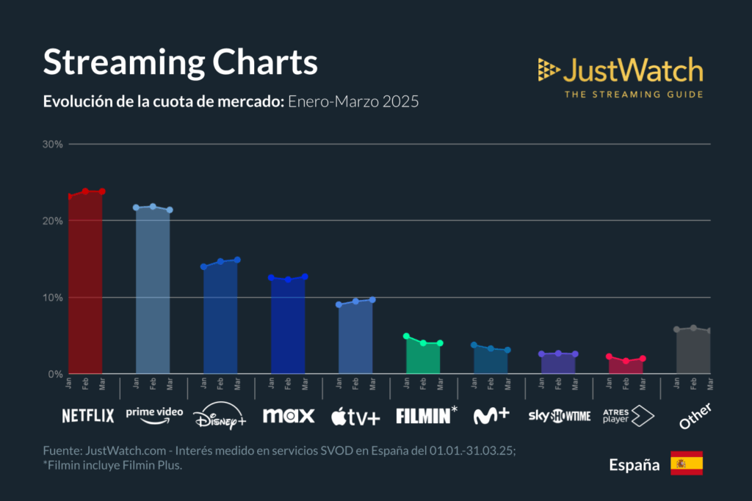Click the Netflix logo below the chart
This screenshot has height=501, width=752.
[88, 416]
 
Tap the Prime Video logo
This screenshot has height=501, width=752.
[154, 414]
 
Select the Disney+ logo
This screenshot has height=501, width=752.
[220, 418]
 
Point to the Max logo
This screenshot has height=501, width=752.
[289, 416]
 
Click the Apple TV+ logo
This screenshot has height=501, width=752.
[356, 416]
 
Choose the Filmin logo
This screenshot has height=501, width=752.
[426, 416]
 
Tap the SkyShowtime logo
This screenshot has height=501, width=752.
[559, 416]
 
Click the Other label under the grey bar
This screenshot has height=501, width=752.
[694, 416]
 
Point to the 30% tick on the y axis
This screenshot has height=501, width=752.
[53, 144]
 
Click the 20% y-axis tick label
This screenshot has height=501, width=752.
[53, 221]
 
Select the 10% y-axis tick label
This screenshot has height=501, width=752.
[53, 298]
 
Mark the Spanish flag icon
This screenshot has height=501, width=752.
[687, 464]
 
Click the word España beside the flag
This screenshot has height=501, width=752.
[634, 464]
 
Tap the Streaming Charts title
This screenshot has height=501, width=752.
[180, 62]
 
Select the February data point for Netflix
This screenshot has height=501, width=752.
[85, 191]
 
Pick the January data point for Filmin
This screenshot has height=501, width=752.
[406, 336]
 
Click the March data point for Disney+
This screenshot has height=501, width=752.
[237, 260]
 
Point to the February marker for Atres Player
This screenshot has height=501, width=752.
[626, 361]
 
